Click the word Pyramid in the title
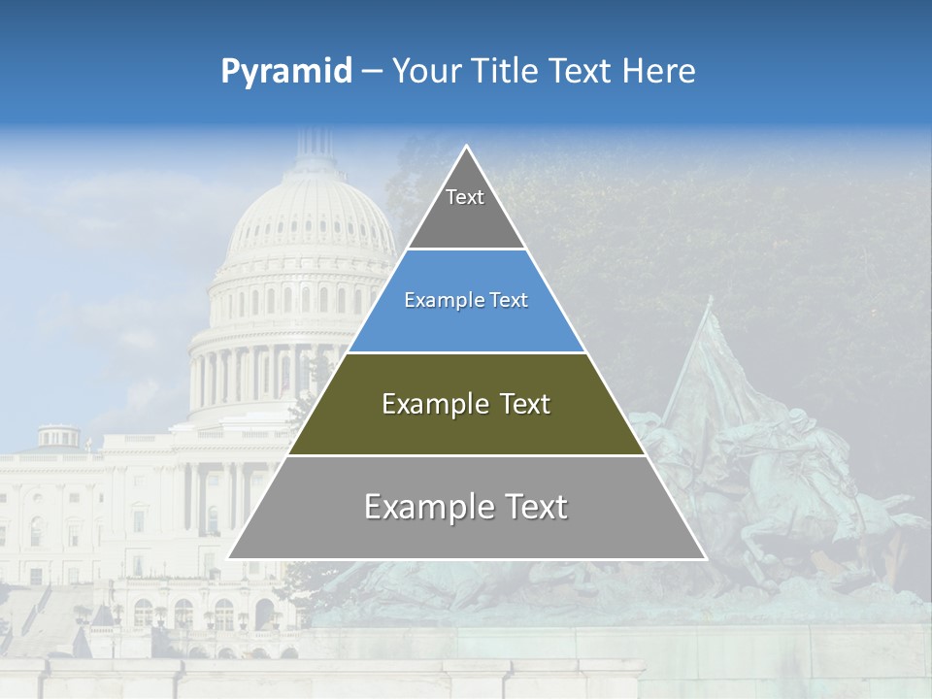[x=286, y=72]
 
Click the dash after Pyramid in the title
[x=371, y=72]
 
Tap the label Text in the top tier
[x=465, y=197]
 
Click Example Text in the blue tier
[x=466, y=300]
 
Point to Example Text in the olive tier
[x=466, y=404]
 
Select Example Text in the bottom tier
[x=466, y=507]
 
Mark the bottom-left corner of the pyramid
[x=229, y=558]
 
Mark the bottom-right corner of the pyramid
[x=705, y=558]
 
